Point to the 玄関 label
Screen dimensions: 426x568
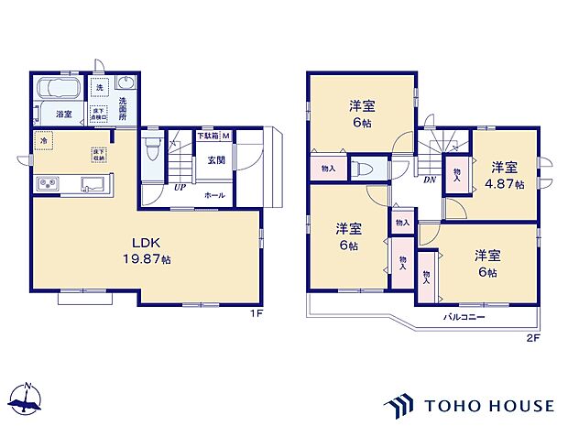(215, 160)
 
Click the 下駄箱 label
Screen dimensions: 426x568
(208, 137)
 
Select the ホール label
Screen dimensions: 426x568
(215, 195)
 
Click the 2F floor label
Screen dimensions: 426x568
(532, 338)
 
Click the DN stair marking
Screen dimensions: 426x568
(429, 180)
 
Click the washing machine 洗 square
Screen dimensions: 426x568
(99, 85)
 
